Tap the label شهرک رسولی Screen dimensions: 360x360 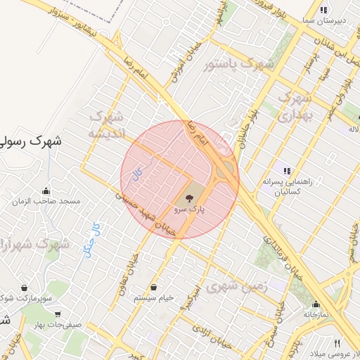pos(30,141)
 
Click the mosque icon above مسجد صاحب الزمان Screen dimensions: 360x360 pos(46,191)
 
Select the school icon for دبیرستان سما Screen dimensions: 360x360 pos(323,10)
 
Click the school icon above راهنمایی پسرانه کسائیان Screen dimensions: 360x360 pos(287,170)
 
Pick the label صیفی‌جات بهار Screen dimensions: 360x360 pos(59,325)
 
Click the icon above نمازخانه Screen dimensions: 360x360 pos(316,304)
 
